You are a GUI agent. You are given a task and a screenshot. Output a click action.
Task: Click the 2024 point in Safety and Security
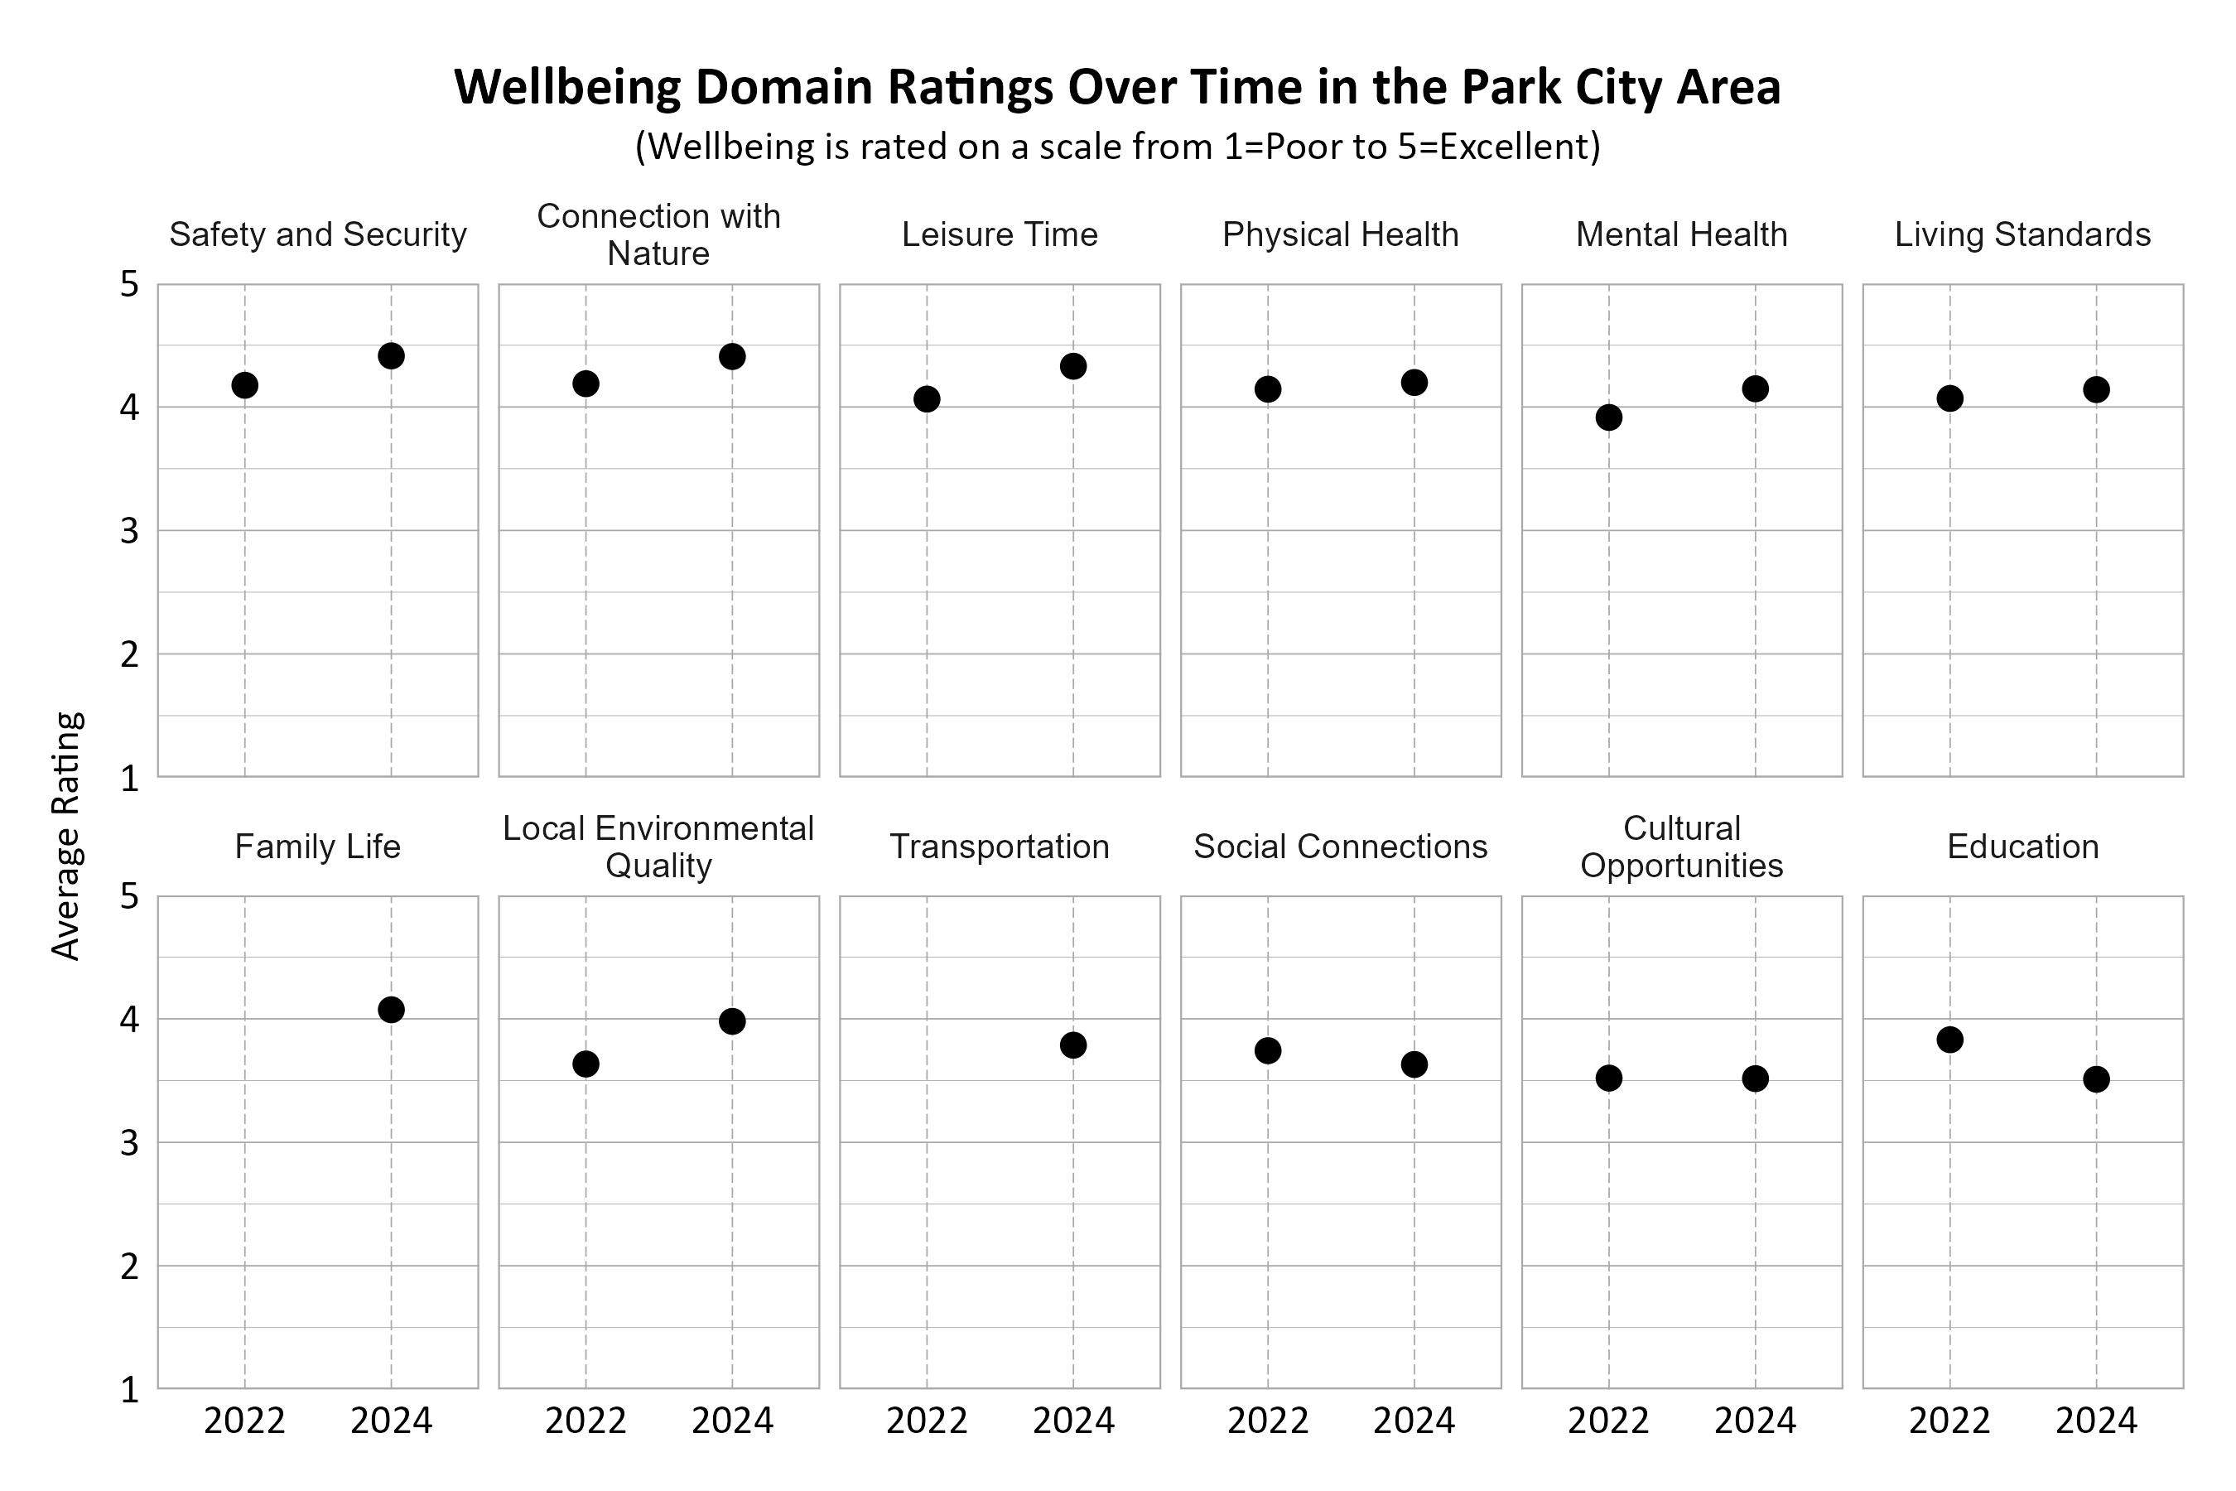click(x=391, y=355)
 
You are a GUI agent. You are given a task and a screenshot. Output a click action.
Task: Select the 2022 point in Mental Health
click(x=1608, y=417)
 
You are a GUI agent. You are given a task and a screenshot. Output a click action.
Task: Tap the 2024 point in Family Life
click(x=391, y=1010)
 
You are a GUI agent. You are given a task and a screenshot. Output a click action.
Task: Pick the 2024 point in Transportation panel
click(x=1073, y=1045)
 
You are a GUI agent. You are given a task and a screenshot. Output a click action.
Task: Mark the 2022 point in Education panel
click(x=1949, y=1040)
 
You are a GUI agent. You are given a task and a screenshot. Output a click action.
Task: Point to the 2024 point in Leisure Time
click(x=1073, y=366)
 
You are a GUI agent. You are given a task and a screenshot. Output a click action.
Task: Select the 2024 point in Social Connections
click(x=1414, y=1064)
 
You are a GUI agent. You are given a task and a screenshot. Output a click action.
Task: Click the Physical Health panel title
click(x=1341, y=235)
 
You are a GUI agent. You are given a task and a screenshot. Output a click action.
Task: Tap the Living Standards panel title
click(x=2022, y=235)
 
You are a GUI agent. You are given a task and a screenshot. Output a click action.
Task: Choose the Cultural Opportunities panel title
click(x=1681, y=847)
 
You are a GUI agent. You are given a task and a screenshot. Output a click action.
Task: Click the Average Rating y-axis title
click(x=66, y=836)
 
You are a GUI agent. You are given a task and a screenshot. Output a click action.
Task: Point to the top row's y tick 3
click(x=129, y=531)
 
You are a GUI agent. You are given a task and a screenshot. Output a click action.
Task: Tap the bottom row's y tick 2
click(x=129, y=1267)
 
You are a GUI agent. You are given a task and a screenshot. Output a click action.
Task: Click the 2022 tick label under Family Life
click(x=244, y=1421)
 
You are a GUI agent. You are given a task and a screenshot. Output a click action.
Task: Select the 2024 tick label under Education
click(x=2096, y=1421)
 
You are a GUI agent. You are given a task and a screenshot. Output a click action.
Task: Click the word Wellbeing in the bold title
click(x=566, y=88)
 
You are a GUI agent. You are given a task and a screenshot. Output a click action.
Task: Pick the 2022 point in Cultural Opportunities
click(x=1608, y=1078)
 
